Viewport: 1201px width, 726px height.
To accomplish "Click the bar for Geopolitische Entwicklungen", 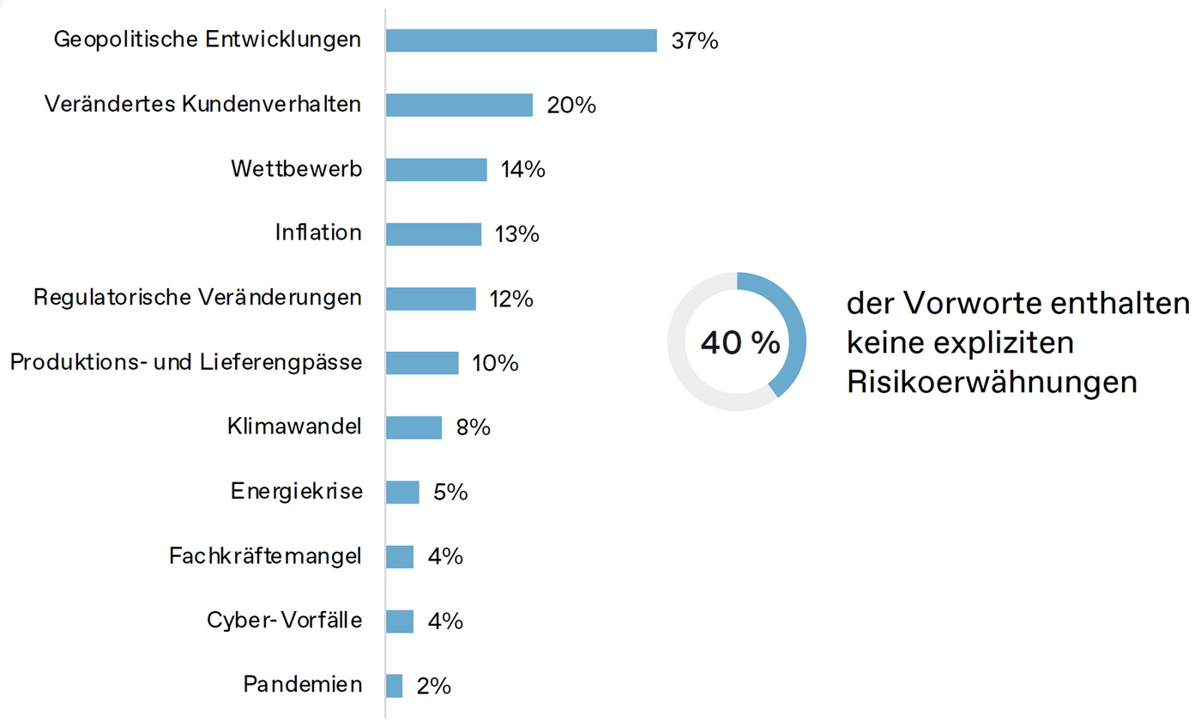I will pyautogui.click(x=521, y=40).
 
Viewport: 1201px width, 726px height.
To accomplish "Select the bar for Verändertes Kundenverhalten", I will pyautogui.click(x=459, y=105).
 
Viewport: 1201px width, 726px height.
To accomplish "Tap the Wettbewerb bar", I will pyautogui.click(x=436, y=169).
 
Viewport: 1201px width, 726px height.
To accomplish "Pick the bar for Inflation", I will pyautogui.click(x=433, y=233).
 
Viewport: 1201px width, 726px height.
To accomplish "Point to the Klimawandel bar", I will pyautogui.click(x=413, y=427).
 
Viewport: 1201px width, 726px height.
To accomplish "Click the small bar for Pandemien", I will pyautogui.click(x=394, y=686).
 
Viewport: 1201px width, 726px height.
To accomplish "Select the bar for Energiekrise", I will pyautogui.click(x=402, y=492).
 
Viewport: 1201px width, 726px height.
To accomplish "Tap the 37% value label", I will pyautogui.click(x=694, y=40).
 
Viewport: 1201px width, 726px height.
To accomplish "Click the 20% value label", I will pyautogui.click(x=572, y=105).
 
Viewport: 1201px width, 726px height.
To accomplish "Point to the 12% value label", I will pyautogui.click(x=511, y=299).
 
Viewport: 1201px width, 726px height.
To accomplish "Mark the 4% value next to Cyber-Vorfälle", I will pyautogui.click(x=445, y=621).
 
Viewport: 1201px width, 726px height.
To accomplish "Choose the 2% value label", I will pyautogui.click(x=433, y=686).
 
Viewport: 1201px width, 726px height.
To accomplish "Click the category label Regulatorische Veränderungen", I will pyautogui.click(x=197, y=298).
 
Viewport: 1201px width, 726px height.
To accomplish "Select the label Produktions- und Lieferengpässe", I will pyautogui.click(x=185, y=363).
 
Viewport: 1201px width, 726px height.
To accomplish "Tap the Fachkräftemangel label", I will pyautogui.click(x=266, y=556).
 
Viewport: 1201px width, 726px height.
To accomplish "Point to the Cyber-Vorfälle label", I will pyautogui.click(x=284, y=620).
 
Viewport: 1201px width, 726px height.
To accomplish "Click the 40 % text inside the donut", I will pyautogui.click(x=739, y=343).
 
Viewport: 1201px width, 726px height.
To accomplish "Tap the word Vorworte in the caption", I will pyautogui.click(x=969, y=304).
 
